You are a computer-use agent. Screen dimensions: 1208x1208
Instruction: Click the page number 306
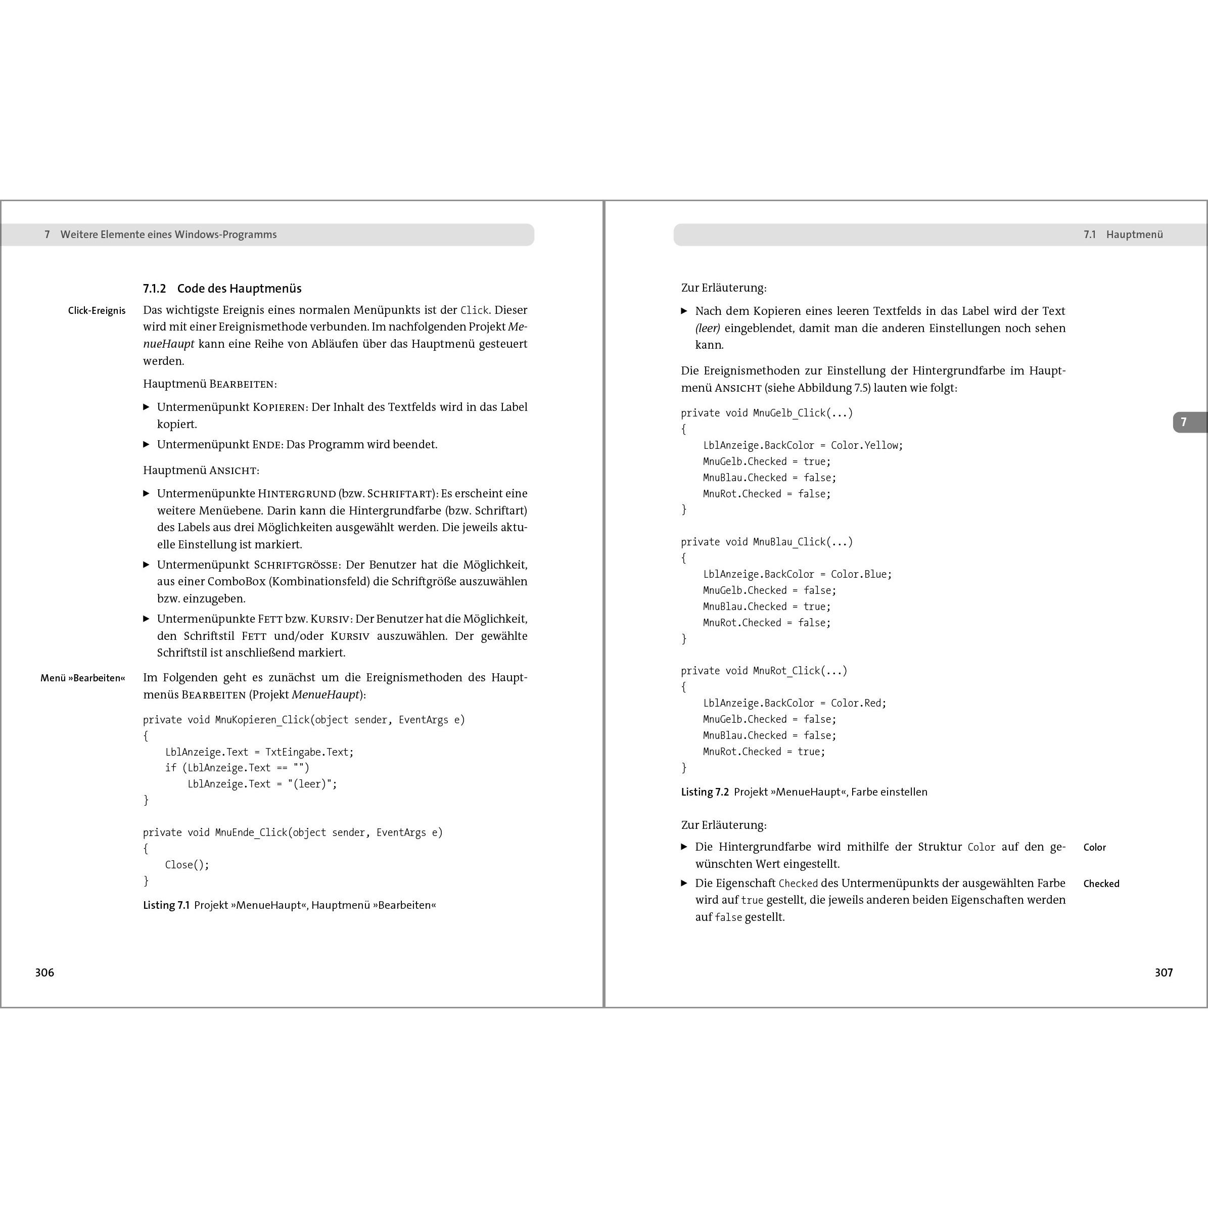(44, 972)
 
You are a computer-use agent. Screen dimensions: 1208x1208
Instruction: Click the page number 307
(1164, 972)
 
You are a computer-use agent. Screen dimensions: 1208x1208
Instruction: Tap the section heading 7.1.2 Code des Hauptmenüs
(222, 288)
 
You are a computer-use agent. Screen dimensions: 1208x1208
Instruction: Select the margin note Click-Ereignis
(97, 311)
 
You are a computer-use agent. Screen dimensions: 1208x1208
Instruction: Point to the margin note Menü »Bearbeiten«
(82, 678)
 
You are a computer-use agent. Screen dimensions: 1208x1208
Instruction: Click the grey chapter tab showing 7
(1184, 422)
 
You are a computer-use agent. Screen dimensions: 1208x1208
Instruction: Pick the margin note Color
(1094, 847)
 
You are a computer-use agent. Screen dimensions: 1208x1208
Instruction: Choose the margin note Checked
(1101, 884)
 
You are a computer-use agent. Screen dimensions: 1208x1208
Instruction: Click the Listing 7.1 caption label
(166, 905)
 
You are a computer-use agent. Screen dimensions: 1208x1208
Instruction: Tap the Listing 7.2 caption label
(705, 792)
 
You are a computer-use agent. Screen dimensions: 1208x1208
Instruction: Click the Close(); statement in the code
(187, 865)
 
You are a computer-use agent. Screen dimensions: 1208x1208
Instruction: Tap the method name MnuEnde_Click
(251, 832)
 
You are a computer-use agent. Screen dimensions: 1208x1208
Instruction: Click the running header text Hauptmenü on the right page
(1134, 235)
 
